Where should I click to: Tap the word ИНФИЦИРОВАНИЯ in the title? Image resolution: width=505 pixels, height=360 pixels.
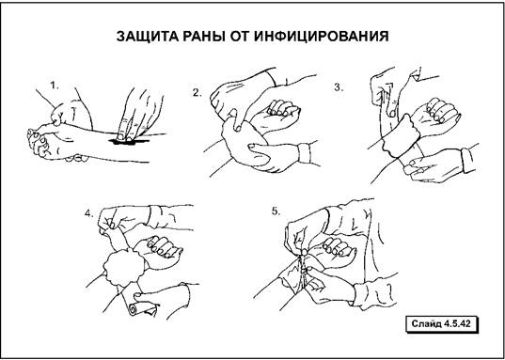(321, 37)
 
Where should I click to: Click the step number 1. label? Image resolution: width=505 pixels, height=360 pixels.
(55, 86)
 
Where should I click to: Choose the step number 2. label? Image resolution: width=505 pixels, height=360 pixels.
(197, 93)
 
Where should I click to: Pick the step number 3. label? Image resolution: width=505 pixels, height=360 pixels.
(339, 87)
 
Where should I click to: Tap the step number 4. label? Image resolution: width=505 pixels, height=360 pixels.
(89, 213)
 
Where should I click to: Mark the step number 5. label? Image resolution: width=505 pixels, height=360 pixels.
(276, 211)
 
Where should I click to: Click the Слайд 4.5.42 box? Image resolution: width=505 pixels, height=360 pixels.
(442, 323)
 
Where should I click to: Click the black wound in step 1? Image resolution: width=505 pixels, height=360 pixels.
(128, 141)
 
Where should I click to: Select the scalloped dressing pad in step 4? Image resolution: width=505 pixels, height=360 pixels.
(124, 267)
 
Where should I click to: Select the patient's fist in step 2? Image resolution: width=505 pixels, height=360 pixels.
(276, 117)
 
